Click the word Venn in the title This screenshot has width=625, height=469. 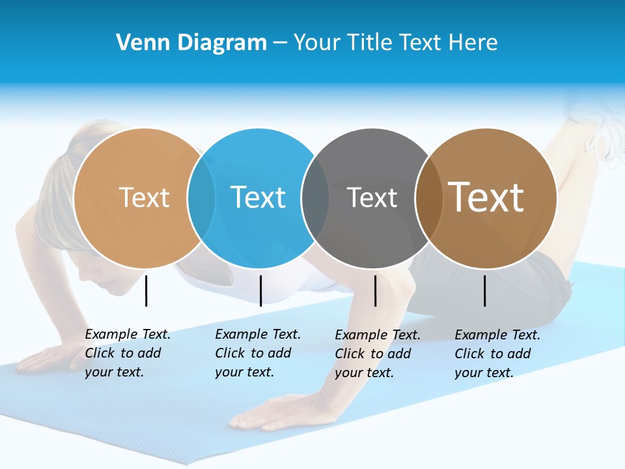tap(137, 43)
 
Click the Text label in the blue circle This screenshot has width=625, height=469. tap(258, 197)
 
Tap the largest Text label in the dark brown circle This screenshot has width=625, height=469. tap(486, 197)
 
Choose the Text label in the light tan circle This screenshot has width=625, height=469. tap(145, 197)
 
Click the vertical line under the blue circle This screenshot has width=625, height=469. tap(260, 291)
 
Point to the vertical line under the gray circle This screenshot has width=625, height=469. tap(375, 291)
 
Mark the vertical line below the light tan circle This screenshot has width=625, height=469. tap(146, 291)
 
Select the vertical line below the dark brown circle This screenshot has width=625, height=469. tap(485, 291)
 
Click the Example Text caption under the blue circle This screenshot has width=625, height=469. tap(258, 353)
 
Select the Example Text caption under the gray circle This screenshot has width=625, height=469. tap(378, 354)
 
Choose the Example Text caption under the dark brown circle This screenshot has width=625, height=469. tap(497, 354)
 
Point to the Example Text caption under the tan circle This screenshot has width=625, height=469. tap(128, 353)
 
